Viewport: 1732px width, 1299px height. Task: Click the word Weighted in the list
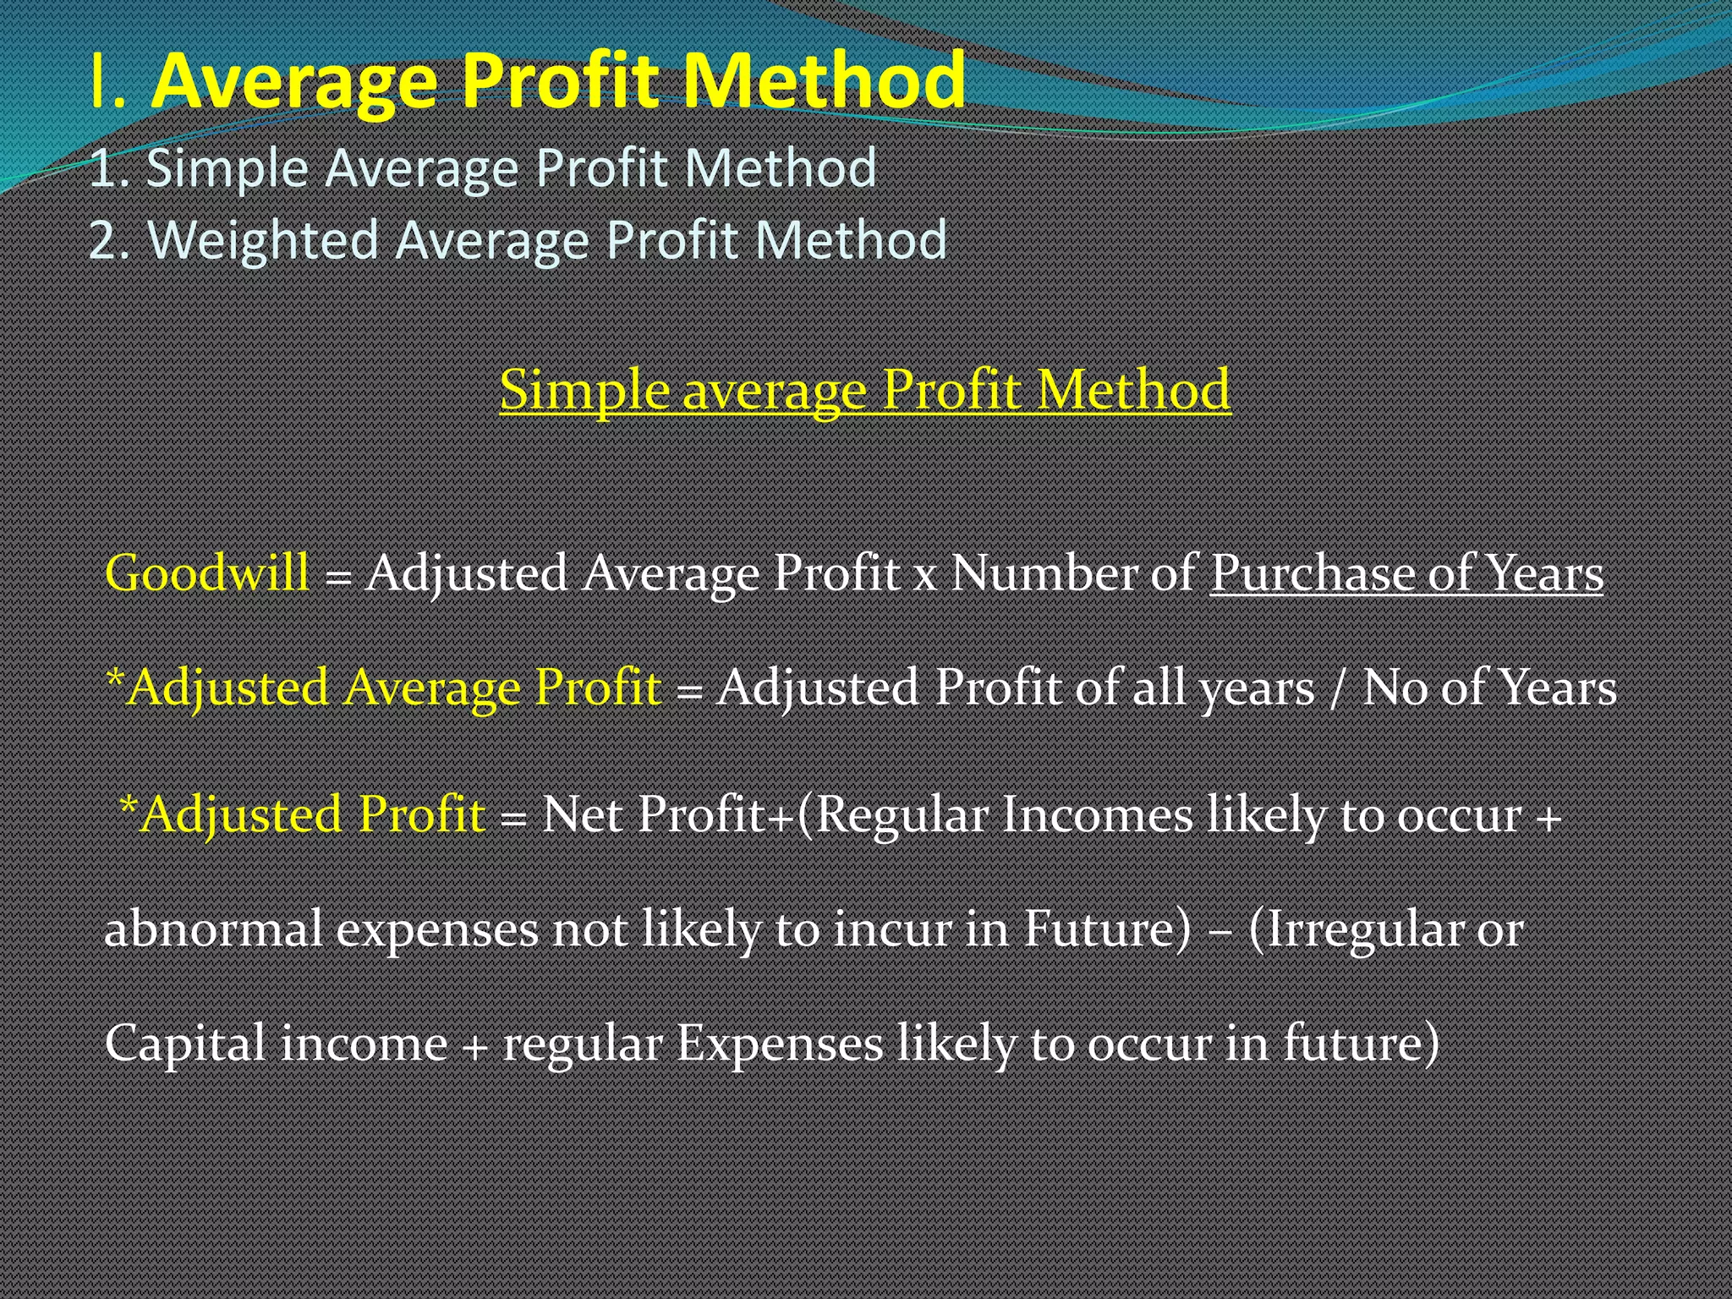pyautogui.click(x=263, y=239)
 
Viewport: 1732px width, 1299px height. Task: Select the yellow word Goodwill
pyautogui.click(x=207, y=573)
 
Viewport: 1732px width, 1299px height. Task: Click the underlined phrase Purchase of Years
pyautogui.click(x=1406, y=574)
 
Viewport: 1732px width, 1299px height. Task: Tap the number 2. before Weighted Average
pyautogui.click(x=110, y=239)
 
